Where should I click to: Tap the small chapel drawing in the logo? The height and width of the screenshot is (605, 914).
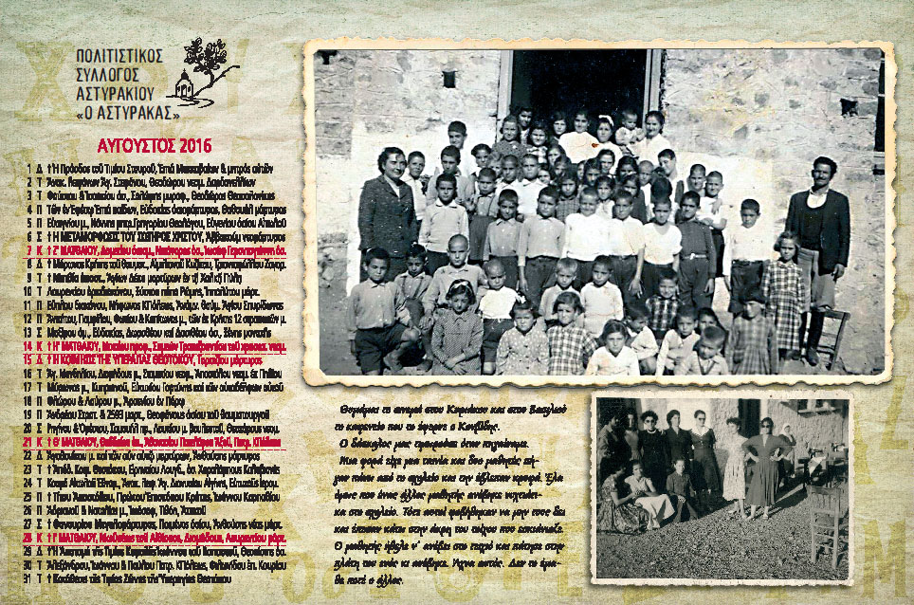185,88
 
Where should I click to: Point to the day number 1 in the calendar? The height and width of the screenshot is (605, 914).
28,167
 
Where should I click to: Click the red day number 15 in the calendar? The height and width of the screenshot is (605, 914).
28,360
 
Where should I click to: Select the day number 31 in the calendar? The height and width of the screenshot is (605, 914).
28,577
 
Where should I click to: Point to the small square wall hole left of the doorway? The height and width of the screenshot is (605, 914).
448,79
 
